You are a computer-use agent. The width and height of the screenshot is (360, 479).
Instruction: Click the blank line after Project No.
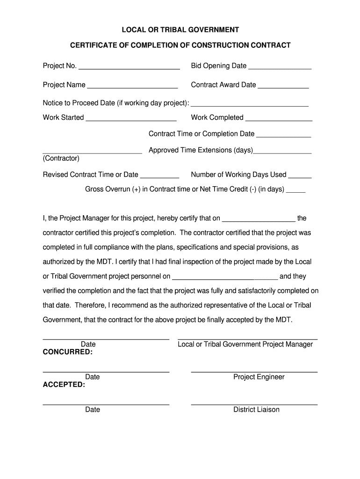tap(129, 68)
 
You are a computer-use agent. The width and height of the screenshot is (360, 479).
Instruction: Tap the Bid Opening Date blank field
tap(280, 68)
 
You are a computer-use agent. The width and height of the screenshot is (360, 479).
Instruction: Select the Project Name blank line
tap(132, 87)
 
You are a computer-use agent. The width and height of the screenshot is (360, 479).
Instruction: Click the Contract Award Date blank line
tap(283, 87)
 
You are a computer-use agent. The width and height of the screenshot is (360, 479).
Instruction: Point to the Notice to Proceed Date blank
tap(250, 106)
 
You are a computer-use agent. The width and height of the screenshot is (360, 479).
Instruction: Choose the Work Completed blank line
tap(279, 120)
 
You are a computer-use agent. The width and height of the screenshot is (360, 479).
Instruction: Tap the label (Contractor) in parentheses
tap(61, 158)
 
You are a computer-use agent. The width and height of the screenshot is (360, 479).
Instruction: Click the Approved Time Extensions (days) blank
tap(282, 153)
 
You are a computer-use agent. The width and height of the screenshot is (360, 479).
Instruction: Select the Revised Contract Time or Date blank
tap(159, 177)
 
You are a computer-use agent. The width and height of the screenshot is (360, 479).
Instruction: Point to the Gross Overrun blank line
tap(295, 192)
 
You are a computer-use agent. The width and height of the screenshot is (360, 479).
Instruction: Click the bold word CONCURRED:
tap(68, 352)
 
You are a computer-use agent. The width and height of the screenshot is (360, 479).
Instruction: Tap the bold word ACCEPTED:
tap(64, 385)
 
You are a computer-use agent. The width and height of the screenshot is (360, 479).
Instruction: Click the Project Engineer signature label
tap(259, 377)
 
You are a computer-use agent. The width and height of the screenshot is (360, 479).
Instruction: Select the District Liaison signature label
tap(257, 410)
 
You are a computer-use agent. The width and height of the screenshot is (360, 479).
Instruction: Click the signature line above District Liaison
tap(254, 404)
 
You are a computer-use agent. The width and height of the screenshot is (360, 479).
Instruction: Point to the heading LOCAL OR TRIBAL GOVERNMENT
tap(180, 30)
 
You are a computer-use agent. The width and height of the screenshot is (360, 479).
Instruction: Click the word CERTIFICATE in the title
tap(94, 45)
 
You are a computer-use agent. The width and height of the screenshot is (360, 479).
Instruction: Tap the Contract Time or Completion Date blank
tap(284, 137)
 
